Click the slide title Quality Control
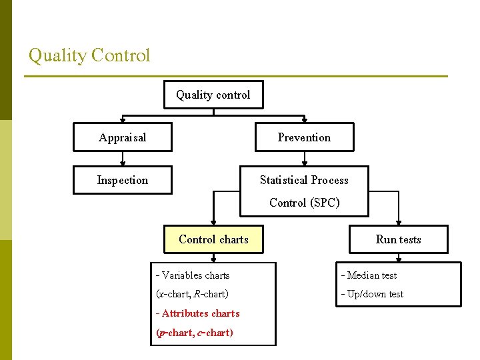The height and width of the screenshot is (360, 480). [x=89, y=55]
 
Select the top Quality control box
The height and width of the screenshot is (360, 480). [x=213, y=95]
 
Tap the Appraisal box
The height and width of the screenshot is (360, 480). [x=122, y=137]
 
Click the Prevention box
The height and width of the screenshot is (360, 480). [x=304, y=137]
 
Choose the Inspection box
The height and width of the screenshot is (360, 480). [x=122, y=180]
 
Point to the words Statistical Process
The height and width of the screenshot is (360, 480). [x=304, y=180]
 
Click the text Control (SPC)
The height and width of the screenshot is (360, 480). [x=304, y=203]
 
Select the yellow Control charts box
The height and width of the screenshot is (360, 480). [x=213, y=239]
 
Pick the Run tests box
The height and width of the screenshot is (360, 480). [x=398, y=239]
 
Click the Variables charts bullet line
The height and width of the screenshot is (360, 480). [x=193, y=275]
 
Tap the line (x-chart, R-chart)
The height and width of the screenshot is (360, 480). [x=192, y=294]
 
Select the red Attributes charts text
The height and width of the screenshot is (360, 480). [x=197, y=313]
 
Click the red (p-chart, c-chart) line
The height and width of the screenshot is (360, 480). [x=195, y=332]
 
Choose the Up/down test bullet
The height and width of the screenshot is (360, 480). [x=372, y=294]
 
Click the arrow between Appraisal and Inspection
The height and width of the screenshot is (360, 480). [x=122, y=159]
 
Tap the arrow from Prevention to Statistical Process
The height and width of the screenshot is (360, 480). [x=304, y=159]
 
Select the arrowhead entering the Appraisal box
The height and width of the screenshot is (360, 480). [x=122, y=120]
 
